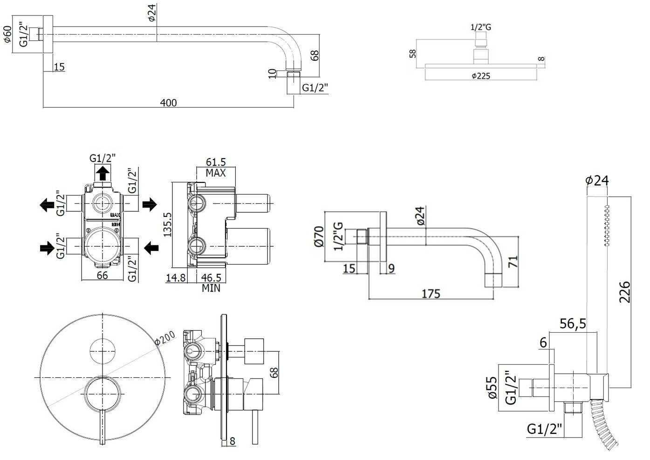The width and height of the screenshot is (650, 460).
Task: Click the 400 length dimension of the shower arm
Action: click(168, 102)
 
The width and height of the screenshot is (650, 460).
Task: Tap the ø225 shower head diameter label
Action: click(480, 76)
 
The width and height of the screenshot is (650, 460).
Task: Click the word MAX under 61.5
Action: click(216, 173)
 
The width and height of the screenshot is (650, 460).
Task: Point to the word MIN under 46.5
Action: click(211, 288)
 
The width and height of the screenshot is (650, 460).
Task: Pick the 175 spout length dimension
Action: click(431, 293)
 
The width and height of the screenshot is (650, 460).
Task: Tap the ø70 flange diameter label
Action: click(319, 237)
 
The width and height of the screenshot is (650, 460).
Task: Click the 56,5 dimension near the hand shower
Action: click(573, 323)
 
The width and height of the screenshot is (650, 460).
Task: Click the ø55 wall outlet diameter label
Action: click(493, 388)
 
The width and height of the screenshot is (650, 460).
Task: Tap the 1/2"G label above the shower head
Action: click(480, 27)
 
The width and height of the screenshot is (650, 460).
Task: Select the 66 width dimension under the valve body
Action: click(102, 275)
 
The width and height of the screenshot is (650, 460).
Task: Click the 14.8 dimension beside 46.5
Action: click(176, 278)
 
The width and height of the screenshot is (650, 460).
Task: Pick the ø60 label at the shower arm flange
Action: click(7, 34)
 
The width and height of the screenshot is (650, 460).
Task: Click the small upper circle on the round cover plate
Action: click(102, 351)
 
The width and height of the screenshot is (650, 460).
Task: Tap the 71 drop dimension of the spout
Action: click(513, 261)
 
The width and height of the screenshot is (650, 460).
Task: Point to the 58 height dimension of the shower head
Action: click(412, 54)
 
